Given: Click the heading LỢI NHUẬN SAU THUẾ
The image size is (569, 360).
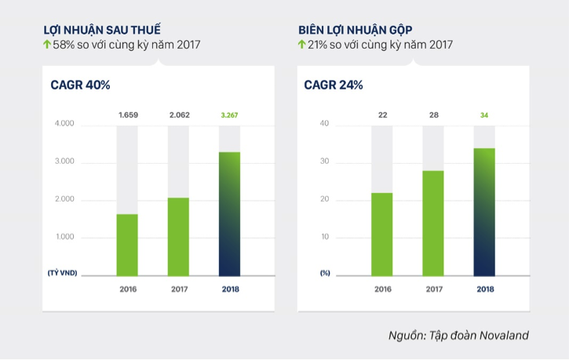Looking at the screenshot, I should click(x=107, y=29).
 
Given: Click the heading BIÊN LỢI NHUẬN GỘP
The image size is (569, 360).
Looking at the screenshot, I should click(x=361, y=29).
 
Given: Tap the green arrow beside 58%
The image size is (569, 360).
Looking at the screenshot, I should click(x=47, y=45).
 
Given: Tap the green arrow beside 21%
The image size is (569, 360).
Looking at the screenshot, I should click(x=301, y=45).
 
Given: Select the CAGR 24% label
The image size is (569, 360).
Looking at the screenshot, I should click(x=333, y=85).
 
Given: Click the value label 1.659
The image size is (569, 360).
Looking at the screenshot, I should click(x=127, y=115).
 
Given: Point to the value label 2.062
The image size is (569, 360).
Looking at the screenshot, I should click(x=178, y=115).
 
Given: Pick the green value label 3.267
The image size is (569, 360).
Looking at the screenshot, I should click(x=229, y=115).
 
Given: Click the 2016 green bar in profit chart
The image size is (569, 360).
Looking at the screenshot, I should click(x=127, y=245).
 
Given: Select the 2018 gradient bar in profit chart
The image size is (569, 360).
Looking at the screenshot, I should click(x=229, y=213).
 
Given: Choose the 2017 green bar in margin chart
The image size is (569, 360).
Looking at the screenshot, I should click(x=433, y=223).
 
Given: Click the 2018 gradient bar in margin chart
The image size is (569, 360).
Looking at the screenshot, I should click(x=484, y=212).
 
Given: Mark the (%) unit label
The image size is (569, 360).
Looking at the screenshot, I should click(x=325, y=273).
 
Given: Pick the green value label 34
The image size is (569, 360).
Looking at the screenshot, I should click(x=484, y=115).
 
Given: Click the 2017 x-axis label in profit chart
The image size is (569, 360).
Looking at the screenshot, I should click(x=178, y=289).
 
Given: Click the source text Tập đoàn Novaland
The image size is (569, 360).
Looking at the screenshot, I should click(x=478, y=335).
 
